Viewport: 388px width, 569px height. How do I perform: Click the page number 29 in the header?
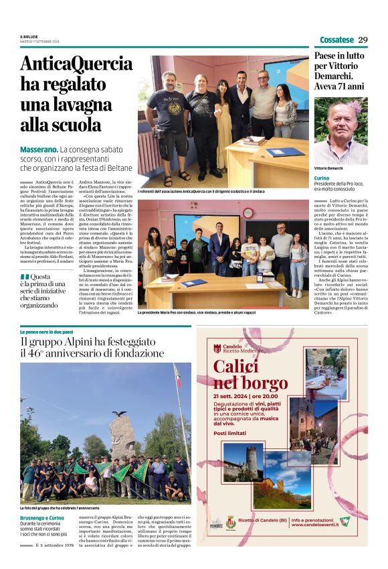coord(362,40)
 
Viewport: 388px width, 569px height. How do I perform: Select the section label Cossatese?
coord(336,40)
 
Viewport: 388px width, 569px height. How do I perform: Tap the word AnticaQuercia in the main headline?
coord(76,64)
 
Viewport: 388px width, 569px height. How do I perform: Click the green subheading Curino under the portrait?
coord(322,178)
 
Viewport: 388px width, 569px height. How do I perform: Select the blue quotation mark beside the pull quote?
coord(25,277)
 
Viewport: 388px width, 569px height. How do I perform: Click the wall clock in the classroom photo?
coord(248,212)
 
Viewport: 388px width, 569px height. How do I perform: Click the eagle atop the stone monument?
coord(120,414)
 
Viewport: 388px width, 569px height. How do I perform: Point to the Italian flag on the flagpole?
coord(177,375)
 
